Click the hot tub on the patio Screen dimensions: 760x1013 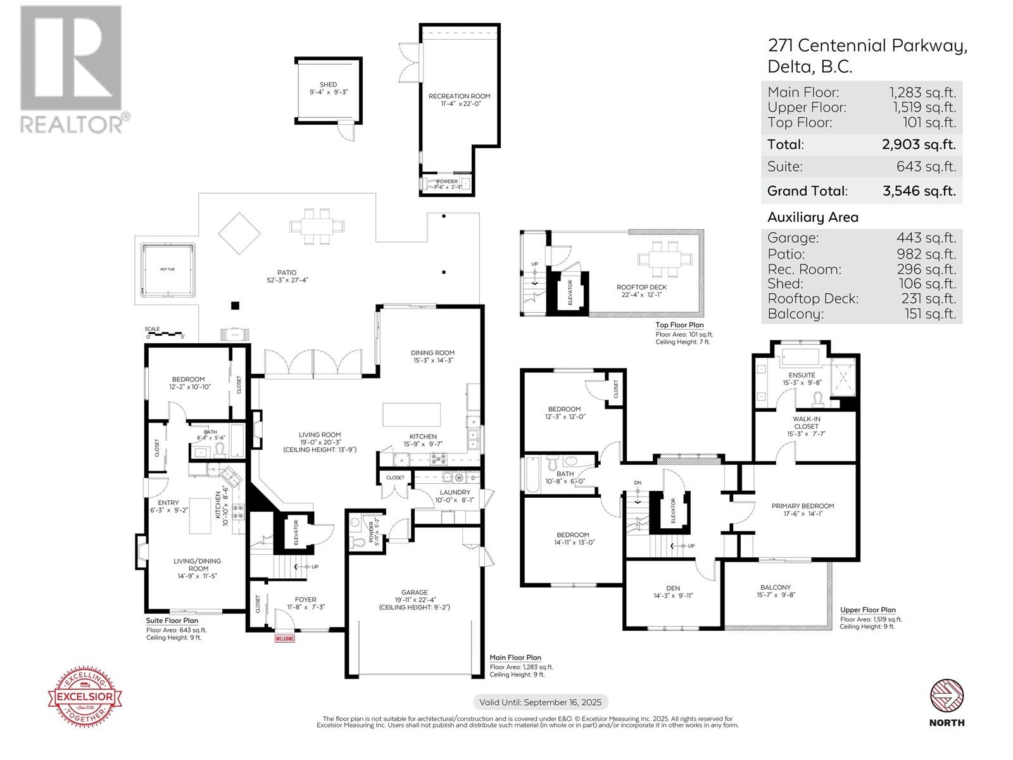coord(168,270)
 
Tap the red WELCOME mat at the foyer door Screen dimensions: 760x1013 coord(285,638)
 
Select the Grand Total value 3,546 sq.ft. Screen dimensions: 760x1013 coord(919,191)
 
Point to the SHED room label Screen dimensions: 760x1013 coord(329,84)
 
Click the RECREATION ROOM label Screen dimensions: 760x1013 coord(459,96)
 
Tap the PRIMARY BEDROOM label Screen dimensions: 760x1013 coord(802,506)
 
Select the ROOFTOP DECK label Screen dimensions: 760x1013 coord(641,287)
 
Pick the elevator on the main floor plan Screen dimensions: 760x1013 coord(295,532)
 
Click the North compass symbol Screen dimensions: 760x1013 coord(947,697)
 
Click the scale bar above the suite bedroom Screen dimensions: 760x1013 coord(165,334)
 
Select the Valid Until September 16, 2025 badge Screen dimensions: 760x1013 coord(541,702)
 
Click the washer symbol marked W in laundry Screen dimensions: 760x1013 coord(459,478)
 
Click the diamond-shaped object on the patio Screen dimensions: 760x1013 coord(239,233)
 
